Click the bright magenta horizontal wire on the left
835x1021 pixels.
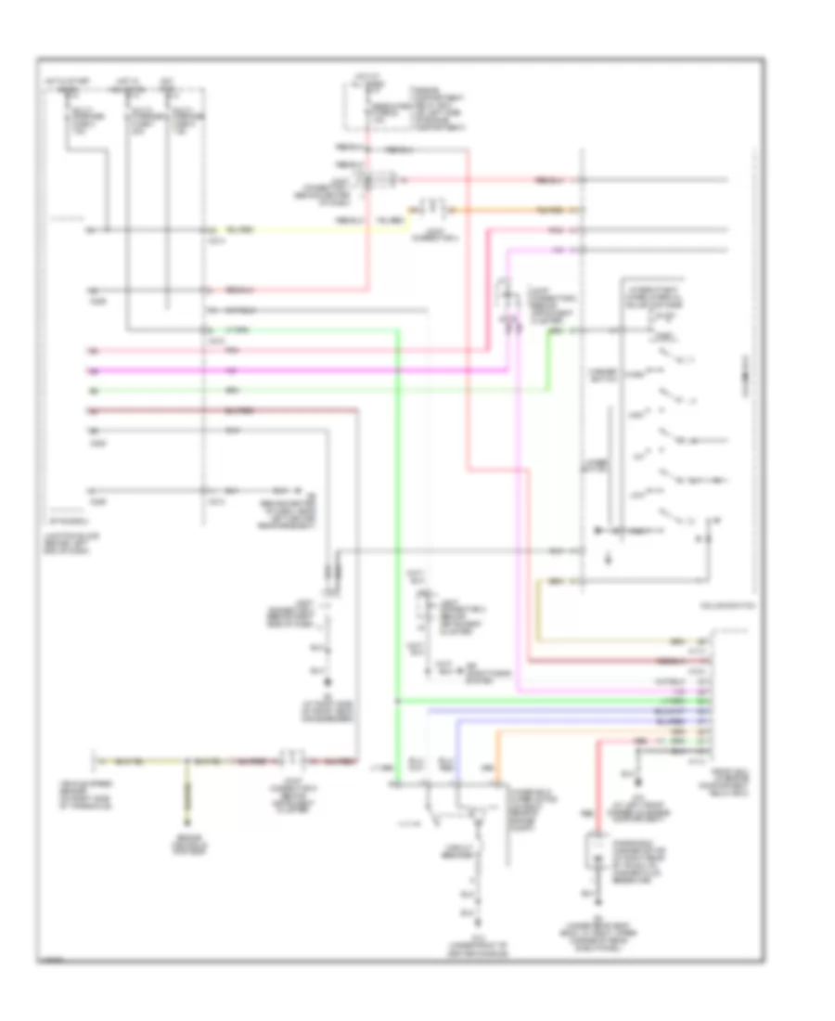(278, 369)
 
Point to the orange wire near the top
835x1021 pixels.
(501, 211)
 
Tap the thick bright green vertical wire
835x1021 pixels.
(398, 557)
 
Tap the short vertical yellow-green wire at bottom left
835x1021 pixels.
(186, 789)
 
